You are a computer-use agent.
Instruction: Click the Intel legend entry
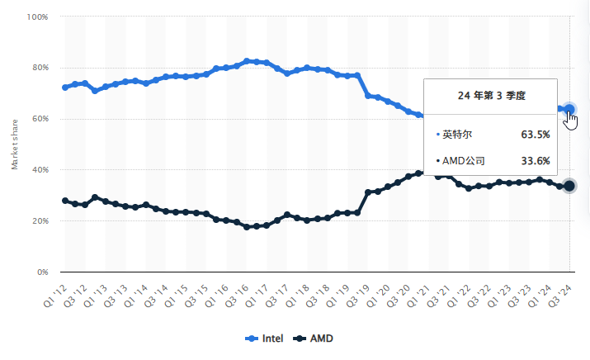point(267,339)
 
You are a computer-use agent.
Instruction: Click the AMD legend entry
point(314,339)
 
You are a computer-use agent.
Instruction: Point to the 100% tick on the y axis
point(38,17)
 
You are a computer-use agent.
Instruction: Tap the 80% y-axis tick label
point(40,68)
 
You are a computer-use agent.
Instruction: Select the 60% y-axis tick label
point(40,119)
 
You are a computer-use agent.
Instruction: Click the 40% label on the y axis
point(40,170)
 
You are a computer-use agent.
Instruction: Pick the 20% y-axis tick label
point(40,221)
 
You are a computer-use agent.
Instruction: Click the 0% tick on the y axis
point(42,272)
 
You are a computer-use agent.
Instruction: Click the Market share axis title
point(15,144)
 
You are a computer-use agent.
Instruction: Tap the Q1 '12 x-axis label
point(55,291)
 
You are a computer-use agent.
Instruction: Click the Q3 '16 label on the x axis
point(237,291)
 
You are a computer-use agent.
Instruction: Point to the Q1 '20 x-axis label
point(379,291)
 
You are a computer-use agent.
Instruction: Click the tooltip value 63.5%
point(535,134)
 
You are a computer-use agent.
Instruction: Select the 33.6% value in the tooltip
point(535,161)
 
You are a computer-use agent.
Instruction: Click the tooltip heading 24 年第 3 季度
point(491,96)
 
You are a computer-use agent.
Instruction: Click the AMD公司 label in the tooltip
point(463,161)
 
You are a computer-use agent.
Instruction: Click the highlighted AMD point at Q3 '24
point(569,186)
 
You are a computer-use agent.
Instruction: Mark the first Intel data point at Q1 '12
point(65,87)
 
